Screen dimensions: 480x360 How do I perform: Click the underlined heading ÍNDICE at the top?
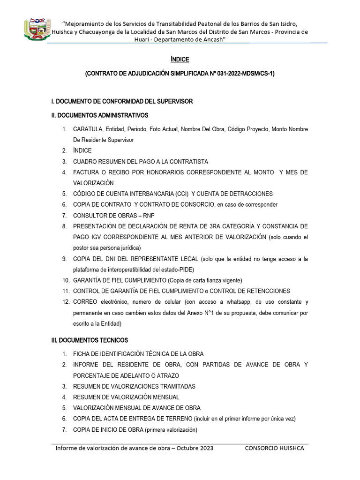[x=180, y=60]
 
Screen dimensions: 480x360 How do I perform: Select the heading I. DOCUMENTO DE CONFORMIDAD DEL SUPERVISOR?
[x=122, y=101]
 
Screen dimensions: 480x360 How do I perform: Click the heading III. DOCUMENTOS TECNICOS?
[x=90, y=340]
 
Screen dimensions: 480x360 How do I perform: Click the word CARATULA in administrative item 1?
[x=88, y=129]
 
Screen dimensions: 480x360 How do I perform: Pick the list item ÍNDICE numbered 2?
[x=82, y=150]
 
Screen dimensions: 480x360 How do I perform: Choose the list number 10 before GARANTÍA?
[x=66, y=280]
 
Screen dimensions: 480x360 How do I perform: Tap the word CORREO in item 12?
[x=85, y=302]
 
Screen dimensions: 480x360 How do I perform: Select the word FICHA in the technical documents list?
[x=82, y=354]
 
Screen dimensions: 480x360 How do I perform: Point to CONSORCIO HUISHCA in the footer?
[x=274, y=448]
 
